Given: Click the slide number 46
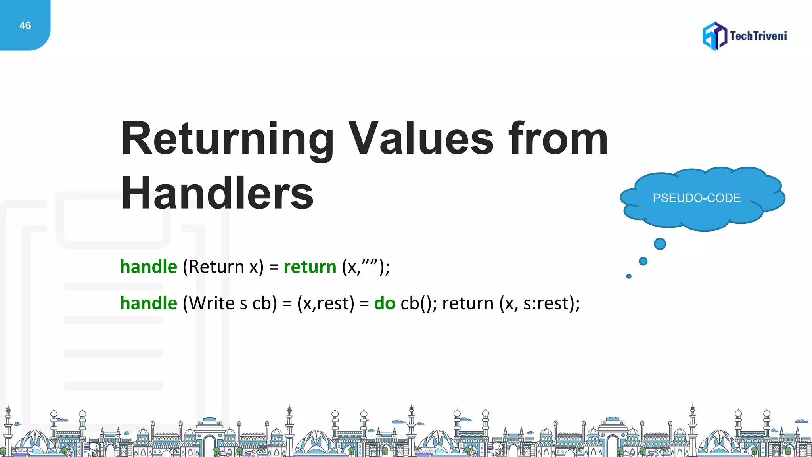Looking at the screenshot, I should [x=25, y=26].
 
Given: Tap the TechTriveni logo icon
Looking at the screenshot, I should [x=714, y=36].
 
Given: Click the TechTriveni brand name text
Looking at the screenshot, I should [x=758, y=36].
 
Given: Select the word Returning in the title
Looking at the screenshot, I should [x=227, y=139].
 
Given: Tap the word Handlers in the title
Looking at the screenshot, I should [x=217, y=194].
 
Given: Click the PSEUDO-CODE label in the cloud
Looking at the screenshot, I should [x=697, y=198].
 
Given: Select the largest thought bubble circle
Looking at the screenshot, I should [x=660, y=244].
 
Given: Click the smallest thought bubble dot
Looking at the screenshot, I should [x=629, y=276].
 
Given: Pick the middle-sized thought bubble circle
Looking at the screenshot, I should [x=643, y=261].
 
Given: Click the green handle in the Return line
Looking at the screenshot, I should [x=149, y=267].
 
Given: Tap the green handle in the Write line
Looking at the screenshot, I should [x=149, y=303].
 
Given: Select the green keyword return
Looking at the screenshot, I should [x=310, y=267].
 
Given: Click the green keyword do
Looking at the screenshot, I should [x=385, y=303].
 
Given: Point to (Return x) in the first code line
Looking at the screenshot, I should [x=223, y=267].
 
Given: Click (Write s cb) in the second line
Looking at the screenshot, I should [x=230, y=303].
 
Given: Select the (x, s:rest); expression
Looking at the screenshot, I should [x=540, y=303].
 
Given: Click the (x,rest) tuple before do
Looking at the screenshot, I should [x=326, y=303].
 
